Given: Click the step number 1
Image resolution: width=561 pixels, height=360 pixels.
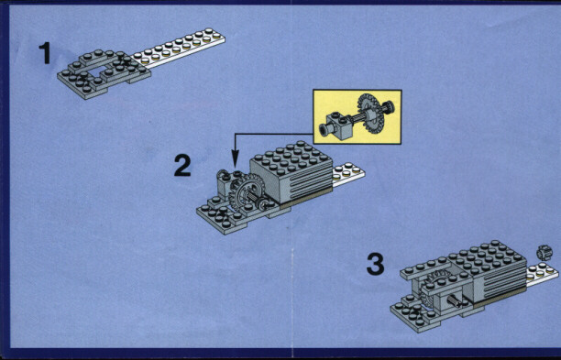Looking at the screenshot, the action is (45, 53).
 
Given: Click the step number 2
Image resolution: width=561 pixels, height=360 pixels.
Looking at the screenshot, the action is (182, 165).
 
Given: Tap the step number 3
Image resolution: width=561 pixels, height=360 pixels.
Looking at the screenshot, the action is (375, 264).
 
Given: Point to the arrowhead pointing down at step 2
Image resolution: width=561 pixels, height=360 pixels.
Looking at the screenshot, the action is (235, 158).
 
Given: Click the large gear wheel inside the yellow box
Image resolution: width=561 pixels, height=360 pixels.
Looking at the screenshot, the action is (368, 114).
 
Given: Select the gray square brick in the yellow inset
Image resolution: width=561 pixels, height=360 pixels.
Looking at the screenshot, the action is (338, 125).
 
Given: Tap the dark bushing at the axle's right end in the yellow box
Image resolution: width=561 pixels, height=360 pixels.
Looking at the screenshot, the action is (388, 107).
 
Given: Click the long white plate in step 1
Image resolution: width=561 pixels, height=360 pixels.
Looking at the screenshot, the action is (178, 48).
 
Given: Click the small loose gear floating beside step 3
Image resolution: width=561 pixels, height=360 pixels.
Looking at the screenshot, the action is (544, 253).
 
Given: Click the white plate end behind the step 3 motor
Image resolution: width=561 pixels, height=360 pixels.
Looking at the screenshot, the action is (542, 274).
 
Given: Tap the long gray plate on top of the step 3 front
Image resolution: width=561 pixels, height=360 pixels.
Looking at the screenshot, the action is (425, 268).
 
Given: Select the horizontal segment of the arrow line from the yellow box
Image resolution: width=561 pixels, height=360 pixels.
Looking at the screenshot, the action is (274, 134).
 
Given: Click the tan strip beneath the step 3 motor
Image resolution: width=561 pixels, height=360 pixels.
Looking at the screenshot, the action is (500, 297).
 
